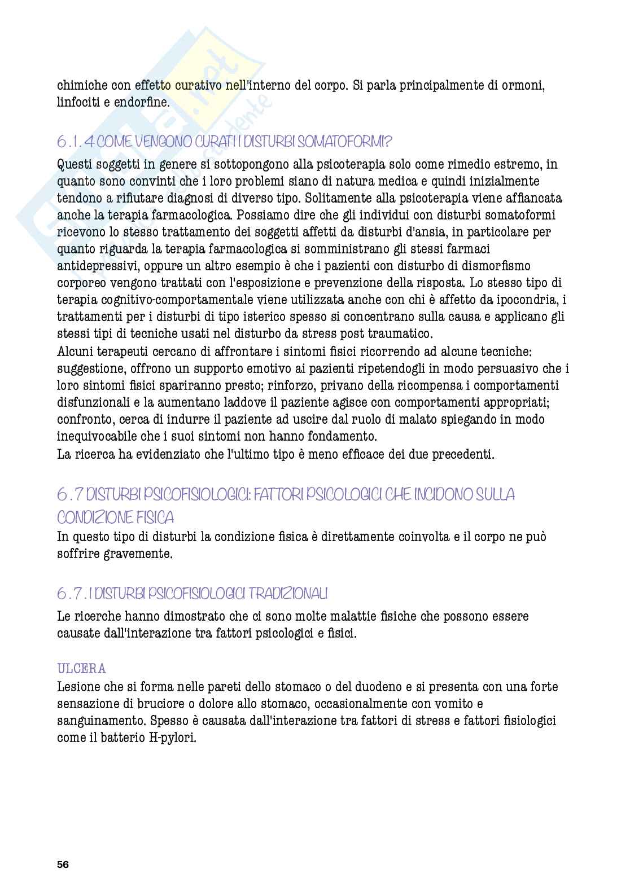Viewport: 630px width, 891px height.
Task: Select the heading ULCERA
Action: tap(82, 669)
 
